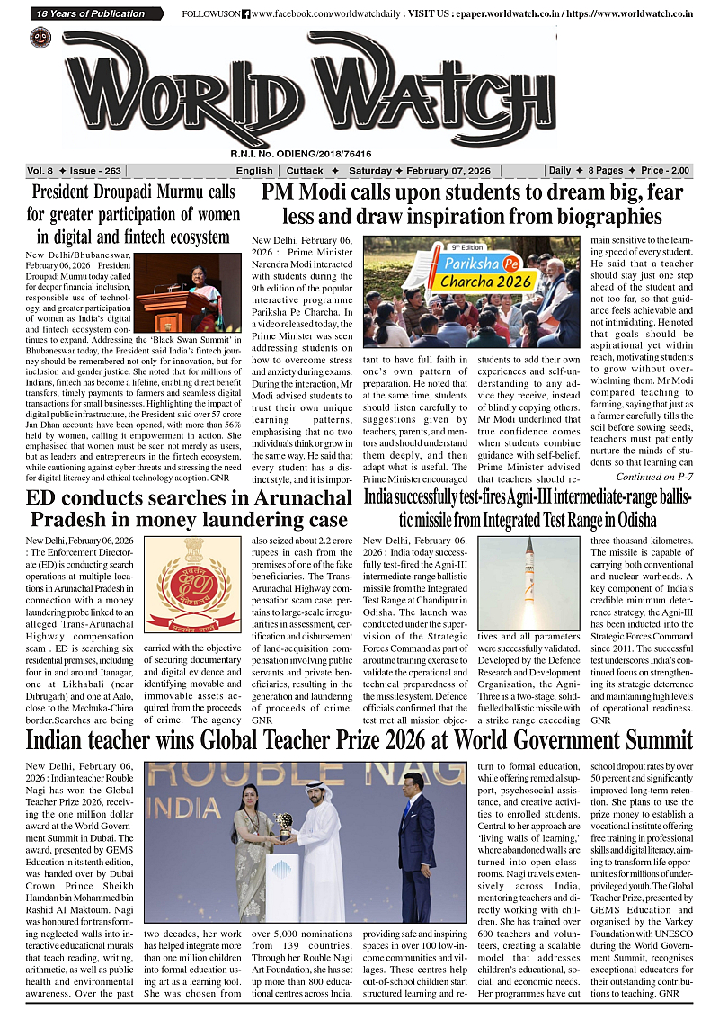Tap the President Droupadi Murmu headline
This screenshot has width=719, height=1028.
pyautogui.click(x=133, y=214)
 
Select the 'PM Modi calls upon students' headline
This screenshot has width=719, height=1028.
pyautogui.click(x=472, y=204)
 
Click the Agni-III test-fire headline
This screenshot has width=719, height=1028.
pyautogui.click(x=529, y=509)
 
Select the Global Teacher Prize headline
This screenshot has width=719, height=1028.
pyautogui.click(x=359, y=739)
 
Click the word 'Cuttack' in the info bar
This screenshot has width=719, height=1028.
pyautogui.click(x=305, y=171)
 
